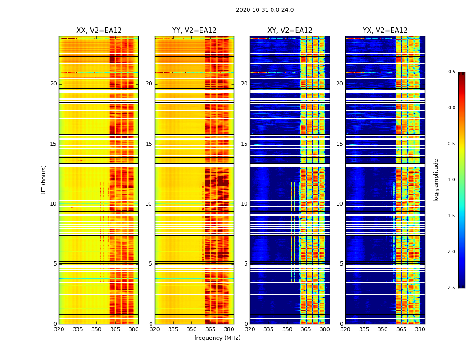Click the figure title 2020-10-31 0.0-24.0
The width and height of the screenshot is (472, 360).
[265, 10]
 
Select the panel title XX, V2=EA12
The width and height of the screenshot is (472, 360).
[99, 31]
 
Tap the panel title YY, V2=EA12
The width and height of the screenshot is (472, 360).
[194, 31]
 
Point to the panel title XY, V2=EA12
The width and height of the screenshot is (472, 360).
[290, 31]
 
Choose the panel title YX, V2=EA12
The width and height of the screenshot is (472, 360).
[385, 31]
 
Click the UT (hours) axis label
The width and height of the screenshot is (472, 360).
[44, 180]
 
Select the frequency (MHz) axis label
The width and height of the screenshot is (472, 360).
[217, 338]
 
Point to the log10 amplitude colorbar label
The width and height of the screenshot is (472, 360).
[436, 180]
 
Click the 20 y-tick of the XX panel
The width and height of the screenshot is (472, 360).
[53, 84]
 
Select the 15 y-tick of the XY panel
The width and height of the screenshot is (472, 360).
[244, 144]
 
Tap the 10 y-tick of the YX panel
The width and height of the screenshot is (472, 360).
[339, 204]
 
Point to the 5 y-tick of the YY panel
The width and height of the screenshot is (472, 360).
[151, 264]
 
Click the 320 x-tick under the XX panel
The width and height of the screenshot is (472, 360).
[59, 329]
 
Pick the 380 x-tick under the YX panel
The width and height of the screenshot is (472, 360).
[420, 329]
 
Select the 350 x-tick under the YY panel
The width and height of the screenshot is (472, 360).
[192, 329]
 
